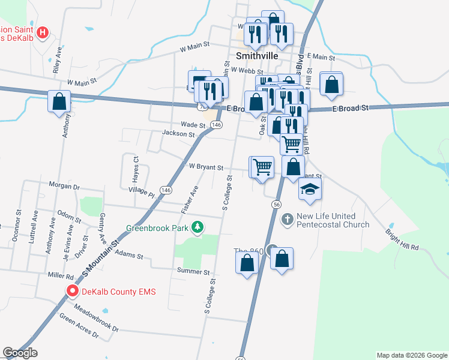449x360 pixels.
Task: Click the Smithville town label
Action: tap(257, 55)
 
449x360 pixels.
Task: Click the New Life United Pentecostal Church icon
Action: tap(287, 220)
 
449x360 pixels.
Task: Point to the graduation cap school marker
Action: tap(310, 190)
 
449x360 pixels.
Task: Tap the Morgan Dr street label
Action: tap(68, 187)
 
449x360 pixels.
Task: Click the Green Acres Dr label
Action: tap(79, 325)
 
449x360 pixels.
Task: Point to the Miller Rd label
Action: tap(62, 277)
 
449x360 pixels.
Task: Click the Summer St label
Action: tap(192, 271)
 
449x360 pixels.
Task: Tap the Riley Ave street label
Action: tap(58, 59)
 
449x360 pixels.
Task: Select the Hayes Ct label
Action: tap(136, 166)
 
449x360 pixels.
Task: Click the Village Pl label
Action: tap(142, 192)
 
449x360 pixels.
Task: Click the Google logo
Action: tap(20, 353)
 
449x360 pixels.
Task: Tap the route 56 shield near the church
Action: tap(276, 205)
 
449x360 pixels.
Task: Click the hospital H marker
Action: tap(42, 33)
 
